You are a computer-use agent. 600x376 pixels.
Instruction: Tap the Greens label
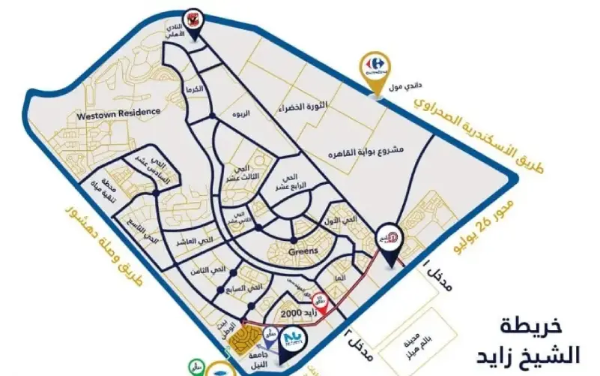[303, 252]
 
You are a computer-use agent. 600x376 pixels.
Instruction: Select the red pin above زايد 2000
[319, 299]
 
